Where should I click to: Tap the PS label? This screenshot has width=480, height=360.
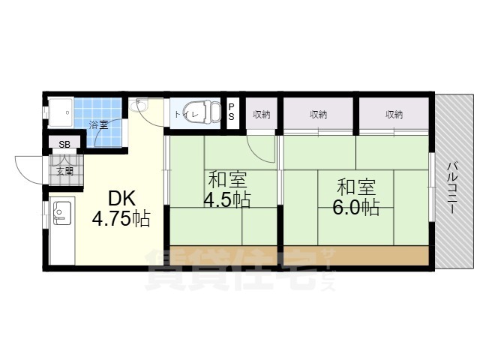point(232,112)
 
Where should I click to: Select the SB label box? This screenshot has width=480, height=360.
point(64,145)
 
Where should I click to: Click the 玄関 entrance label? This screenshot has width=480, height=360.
point(65,172)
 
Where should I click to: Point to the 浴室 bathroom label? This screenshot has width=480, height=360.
point(98,124)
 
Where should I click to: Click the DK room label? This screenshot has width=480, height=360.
point(121,199)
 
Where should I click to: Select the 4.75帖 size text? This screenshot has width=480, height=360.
point(121,219)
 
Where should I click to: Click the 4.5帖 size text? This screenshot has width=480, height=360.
point(227,200)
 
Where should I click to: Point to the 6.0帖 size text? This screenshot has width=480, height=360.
point(356,208)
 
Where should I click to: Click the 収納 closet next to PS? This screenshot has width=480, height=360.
point(262,115)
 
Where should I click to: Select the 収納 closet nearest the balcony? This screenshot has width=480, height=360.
point(394,115)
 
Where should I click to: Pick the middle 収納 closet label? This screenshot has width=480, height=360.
point(318,115)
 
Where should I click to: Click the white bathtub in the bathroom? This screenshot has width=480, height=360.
point(60,112)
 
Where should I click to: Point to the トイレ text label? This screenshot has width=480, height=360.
point(187,115)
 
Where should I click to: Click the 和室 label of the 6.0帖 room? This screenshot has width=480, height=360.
point(356,187)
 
